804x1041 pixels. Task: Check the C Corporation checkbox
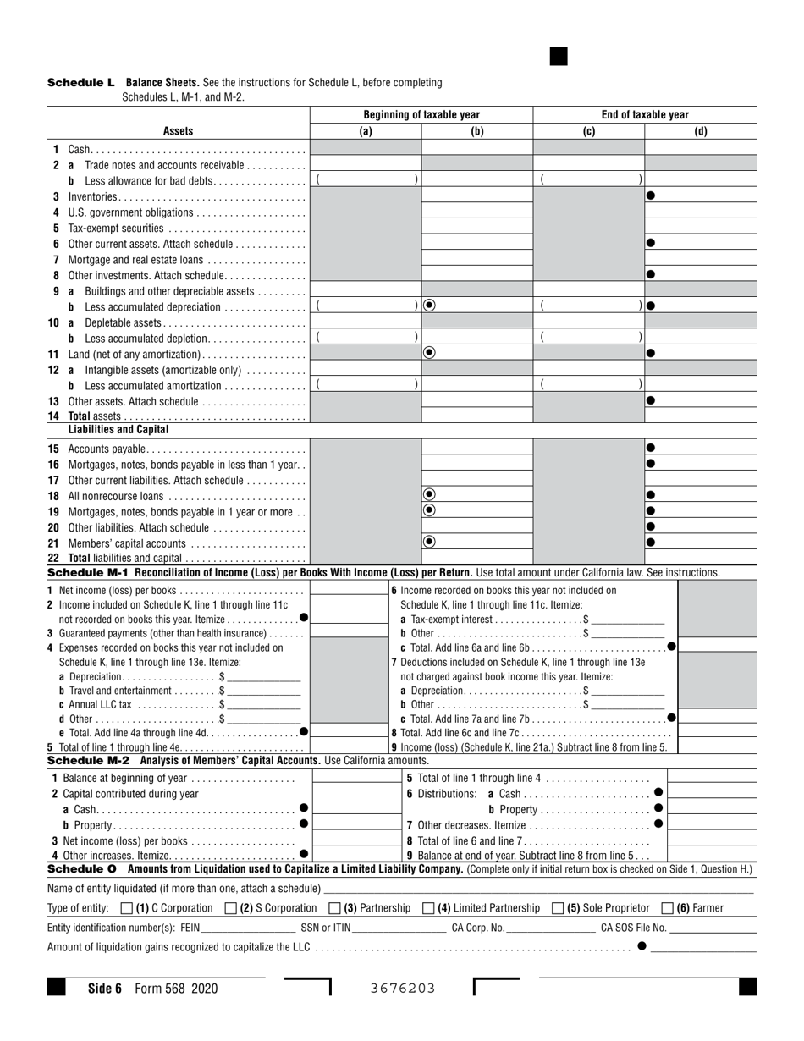pyautogui.click(x=127, y=908)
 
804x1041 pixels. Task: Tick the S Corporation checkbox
pyautogui.click(x=231, y=908)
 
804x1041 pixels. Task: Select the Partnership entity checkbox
pyautogui.click(x=334, y=908)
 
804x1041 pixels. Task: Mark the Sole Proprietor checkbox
pyautogui.click(x=557, y=908)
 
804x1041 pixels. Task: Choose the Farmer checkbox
pyautogui.click(x=667, y=908)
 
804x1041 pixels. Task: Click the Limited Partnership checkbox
pyautogui.click(x=428, y=908)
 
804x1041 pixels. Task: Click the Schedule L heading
pyautogui.click(x=80, y=83)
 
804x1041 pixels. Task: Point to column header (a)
pyautogui.click(x=366, y=131)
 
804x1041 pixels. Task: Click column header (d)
pyautogui.click(x=700, y=131)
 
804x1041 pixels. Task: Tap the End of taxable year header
pyautogui.click(x=644, y=115)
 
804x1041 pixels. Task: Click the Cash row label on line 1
pyautogui.click(x=79, y=149)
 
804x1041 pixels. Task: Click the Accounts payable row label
pyautogui.click(x=107, y=449)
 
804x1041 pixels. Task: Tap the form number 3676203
pyautogui.click(x=403, y=988)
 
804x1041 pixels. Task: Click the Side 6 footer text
pyautogui.click(x=105, y=988)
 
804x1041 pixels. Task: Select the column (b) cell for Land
pyautogui.click(x=477, y=353)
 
